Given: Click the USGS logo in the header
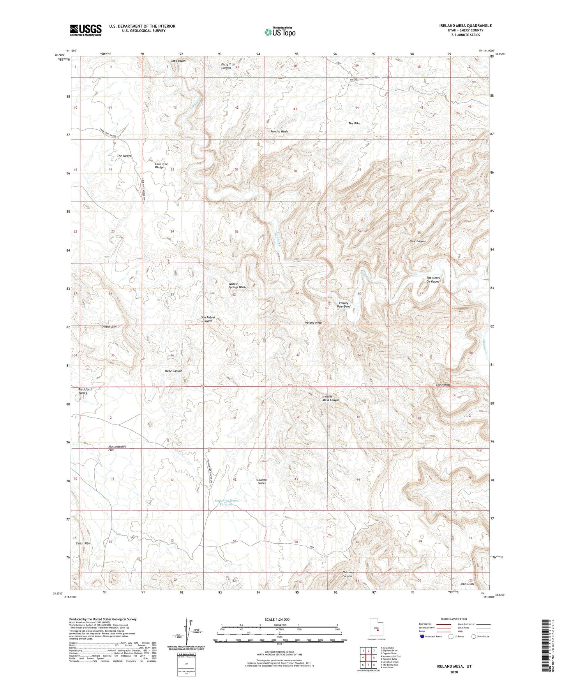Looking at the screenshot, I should pyautogui.click(x=86, y=30).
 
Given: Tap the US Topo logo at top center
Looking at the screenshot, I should pyautogui.click(x=280, y=32).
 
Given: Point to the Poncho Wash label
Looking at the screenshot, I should pyautogui.click(x=279, y=132).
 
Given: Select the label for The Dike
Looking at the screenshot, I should pyautogui.click(x=354, y=123).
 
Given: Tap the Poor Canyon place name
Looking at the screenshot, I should pyautogui.click(x=418, y=241).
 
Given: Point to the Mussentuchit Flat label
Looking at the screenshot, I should pyautogui.click(x=117, y=448).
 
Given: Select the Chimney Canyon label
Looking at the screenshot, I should pyautogui.click(x=348, y=574).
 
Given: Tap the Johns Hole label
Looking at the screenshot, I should pyautogui.click(x=467, y=584).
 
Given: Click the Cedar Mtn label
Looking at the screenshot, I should pyautogui.click(x=83, y=543).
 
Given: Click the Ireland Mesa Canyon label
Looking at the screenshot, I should pyautogui.click(x=331, y=398).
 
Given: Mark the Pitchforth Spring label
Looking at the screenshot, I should pyautogui.click(x=85, y=391).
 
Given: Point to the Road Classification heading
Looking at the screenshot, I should pyautogui.click(x=454, y=619).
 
